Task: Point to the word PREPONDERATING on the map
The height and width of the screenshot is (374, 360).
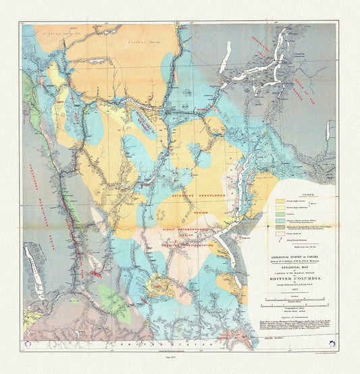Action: [196, 245]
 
